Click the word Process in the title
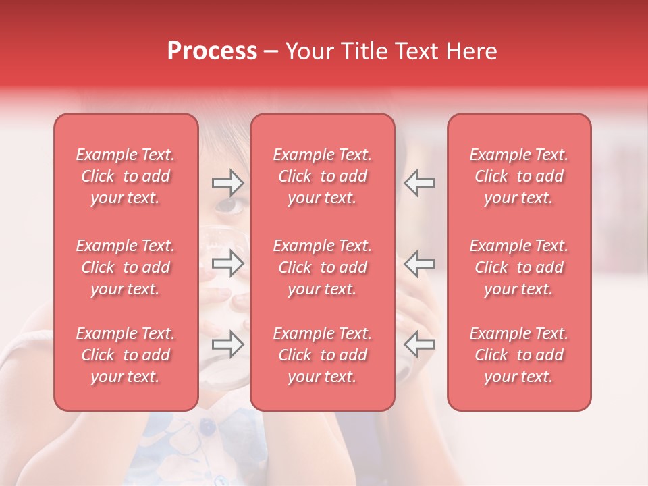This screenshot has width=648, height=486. (212, 51)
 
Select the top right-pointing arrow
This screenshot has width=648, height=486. (227, 182)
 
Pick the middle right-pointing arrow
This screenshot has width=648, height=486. (227, 263)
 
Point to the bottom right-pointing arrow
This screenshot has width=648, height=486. (227, 344)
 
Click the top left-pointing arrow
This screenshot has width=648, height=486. (419, 182)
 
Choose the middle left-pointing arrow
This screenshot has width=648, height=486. (419, 263)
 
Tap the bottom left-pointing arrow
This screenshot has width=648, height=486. (419, 344)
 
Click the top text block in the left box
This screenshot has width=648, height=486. (126, 176)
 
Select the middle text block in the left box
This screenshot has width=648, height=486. (126, 267)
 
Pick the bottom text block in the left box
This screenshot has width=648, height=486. (126, 355)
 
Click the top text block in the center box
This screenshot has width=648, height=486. (323, 176)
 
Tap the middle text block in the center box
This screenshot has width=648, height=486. (323, 267)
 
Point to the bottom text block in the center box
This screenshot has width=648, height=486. (323, 355)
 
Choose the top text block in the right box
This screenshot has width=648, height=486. (519, 176)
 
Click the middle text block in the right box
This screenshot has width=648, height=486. (519, 267)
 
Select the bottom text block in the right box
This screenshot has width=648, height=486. (519, 355)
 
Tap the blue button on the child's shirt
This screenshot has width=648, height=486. (207, 427)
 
